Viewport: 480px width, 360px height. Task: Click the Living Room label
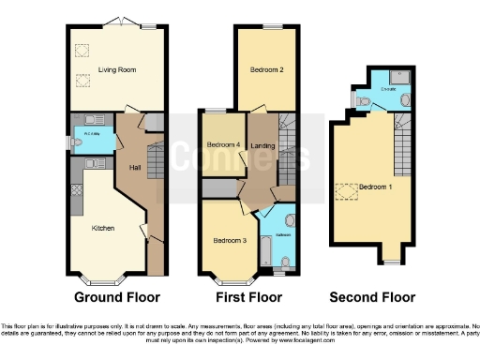click(x=117, y=69)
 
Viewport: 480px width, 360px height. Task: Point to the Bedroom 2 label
click(x=265, y=70)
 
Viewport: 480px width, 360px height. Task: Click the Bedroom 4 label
click(x=224, y=143)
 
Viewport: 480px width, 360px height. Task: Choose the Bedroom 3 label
click(x=228, y=241)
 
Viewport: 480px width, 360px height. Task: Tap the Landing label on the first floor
click(x=262, y=143)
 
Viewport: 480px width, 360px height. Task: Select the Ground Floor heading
click(x=115, y=297)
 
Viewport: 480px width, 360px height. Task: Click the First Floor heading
click(x=249, y=297)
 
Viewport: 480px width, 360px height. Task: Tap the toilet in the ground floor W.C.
click(x=76, y=142)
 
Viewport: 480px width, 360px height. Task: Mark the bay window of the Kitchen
click(x=97, y=279)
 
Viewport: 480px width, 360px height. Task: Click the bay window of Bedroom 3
click(x=228, y=279)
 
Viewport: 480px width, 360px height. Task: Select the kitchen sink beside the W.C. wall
click(x=97, y=164)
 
